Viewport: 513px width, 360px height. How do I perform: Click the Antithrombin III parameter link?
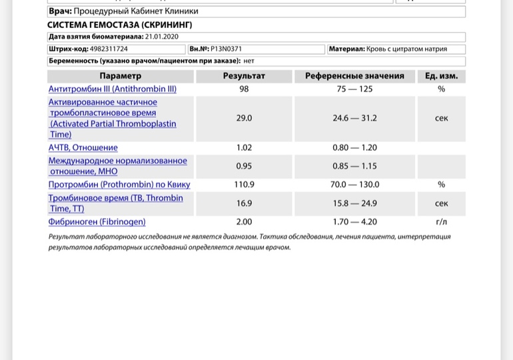click(x=112, y=89)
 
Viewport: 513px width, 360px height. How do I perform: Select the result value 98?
click(x=244, y=89)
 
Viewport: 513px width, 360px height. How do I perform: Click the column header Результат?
click(x=244, y=76)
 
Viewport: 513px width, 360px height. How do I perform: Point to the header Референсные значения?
click(x=354, y=76)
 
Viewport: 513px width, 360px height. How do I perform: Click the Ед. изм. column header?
click(x=441, y=76)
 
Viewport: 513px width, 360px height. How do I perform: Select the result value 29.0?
click(x=244, y=118)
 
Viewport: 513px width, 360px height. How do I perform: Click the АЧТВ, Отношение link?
click(x=83, y=147)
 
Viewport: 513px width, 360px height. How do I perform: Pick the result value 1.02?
click(x=244, y=147)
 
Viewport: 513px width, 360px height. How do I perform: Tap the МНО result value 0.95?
click(x=244, y=166)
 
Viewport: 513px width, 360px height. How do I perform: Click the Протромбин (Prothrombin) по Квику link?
click(x=119, y=185)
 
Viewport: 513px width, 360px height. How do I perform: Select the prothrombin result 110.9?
click(x=244, y=185)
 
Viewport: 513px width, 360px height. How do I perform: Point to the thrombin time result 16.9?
click(x=244, y=203)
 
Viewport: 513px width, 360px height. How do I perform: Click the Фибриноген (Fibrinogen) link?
click(x=97, y=222)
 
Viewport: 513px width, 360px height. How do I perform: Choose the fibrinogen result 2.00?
click(x=244, y=222)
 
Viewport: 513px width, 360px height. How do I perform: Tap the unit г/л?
click(x=441, y=222)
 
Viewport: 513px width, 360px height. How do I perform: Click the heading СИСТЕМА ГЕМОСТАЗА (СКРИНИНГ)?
click(x=121, y=25)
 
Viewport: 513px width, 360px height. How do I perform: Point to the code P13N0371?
click(x=227, y=49)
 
